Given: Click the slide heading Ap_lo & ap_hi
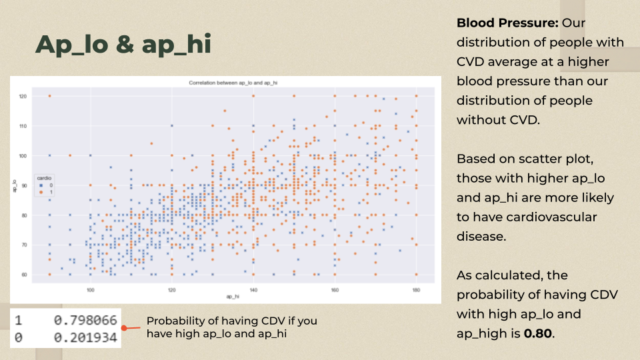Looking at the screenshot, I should (x=123, y=44).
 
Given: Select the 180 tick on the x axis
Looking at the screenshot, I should (x=416, y=289).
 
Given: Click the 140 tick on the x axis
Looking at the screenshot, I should (x=253, y=289).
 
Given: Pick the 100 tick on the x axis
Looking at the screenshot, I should (x=90, y=289).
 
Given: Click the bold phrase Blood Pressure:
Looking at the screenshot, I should (x=507, y=23).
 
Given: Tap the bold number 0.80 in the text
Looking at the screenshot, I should (x=539, y=333).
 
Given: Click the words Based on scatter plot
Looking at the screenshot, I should (x=521, y=159).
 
